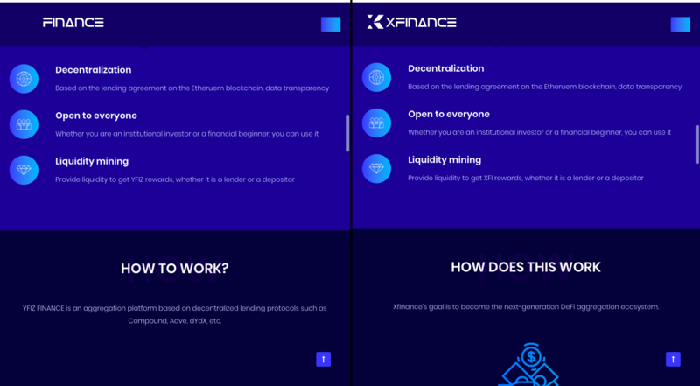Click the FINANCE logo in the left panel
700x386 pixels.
click(x=73, y=23)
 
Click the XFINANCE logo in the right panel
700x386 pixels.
click(x=411, y=22)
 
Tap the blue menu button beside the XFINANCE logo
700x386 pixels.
click(x=681, y=25)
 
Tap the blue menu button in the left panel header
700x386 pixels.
click(x=331, y=25)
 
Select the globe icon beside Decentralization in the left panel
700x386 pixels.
click(x=24, y=79)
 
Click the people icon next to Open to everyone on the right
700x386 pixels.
click(x=376, y=123)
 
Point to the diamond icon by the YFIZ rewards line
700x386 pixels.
click(x=24, y=170)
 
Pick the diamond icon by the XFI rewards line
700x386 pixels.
click(x=376, y=168)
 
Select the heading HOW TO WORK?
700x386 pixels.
click(x=174, y=269)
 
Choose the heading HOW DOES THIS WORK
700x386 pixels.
click(x=526, y=267)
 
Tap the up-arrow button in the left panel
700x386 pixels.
click(x=324, y=359)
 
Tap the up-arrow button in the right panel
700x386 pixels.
click(x=673, y=359)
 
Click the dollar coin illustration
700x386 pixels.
click(x=531, y=356)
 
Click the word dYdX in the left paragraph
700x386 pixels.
click(x=199, y=320)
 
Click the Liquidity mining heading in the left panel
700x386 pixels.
click(x=92, y=161)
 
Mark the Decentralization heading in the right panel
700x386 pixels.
click(x=446, y=68)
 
